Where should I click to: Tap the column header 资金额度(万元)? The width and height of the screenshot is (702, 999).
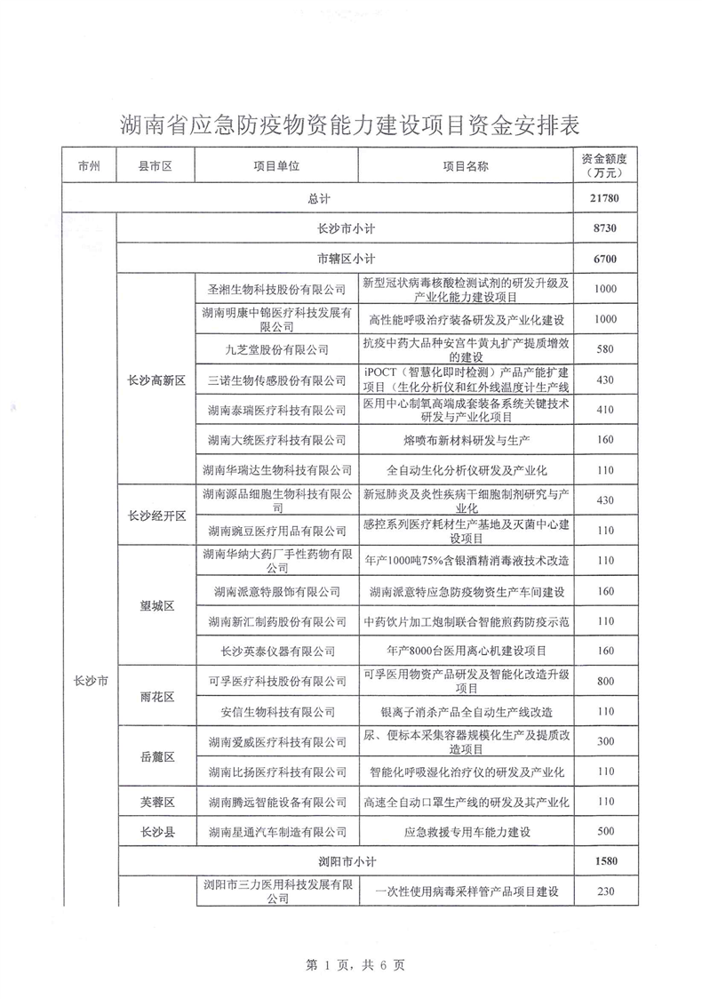[605, 165]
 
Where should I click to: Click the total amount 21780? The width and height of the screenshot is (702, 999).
[605, 198]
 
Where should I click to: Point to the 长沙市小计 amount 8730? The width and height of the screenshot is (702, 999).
[605, 228]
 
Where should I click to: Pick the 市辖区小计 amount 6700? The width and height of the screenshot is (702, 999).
[605, 260]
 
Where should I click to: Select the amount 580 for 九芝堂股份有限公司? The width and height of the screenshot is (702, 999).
[605, 349]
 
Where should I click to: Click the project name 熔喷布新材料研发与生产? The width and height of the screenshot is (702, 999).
[466, 439]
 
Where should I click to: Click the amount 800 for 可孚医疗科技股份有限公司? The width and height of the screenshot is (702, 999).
[605, 681]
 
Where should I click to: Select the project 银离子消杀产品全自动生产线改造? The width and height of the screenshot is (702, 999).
[466, 711]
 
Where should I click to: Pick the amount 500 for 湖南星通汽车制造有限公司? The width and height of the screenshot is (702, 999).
[605, 832]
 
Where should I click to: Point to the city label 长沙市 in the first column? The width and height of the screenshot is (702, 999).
[89, 681]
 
